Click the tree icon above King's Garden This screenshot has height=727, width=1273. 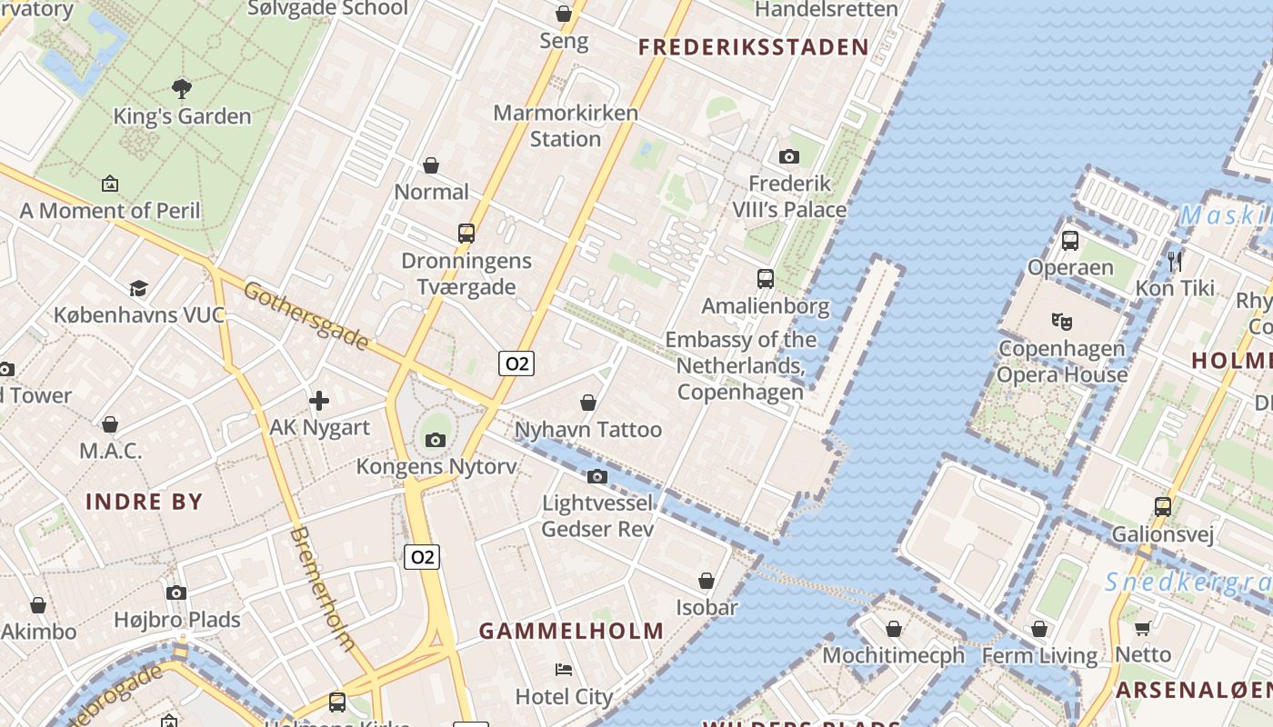pos(182,88)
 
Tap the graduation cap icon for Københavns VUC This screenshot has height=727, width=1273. pos(138,288)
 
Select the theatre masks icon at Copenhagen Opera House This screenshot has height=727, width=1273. pos(1061,321)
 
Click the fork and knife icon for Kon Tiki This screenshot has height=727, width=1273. pos(1175,261)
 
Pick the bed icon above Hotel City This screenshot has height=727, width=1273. pos(564,670)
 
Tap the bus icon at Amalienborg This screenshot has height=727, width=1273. pos(766,279)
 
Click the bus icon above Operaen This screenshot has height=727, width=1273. pos(1070,241)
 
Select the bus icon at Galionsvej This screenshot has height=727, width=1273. pos(1163,506)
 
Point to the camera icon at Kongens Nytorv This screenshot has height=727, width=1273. pos(436,440)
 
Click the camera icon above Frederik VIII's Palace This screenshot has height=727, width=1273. pos(789,156)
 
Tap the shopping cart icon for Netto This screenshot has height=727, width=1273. pos(1143,627)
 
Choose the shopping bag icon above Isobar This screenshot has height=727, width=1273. pos(707,580)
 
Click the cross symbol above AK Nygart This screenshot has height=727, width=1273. pos(319,400)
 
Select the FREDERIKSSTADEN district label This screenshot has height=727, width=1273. pos(753,47)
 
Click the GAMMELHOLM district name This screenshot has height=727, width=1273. pos(571,631)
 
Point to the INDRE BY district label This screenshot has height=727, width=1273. pos(144,501)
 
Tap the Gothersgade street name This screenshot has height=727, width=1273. pos(307,315)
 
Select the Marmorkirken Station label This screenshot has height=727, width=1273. pos(566,126)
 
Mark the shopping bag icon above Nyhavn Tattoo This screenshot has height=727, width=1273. pos(588,402)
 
